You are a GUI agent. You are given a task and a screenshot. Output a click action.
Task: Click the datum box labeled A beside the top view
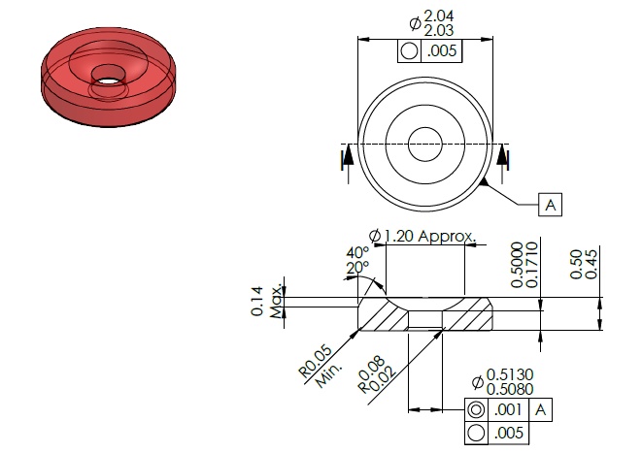550,205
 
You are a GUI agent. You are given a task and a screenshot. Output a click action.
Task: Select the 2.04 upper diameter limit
438,16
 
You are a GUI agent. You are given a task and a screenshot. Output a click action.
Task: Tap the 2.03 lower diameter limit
438,30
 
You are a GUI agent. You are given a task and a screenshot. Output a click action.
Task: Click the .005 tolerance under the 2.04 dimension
441,51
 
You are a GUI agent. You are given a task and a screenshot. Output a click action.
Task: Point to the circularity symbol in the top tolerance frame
410,51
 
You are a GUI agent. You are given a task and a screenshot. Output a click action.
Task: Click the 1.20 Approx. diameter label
422,236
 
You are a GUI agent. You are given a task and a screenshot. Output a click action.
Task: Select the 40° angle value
357,252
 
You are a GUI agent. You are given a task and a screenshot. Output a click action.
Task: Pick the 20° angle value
357,268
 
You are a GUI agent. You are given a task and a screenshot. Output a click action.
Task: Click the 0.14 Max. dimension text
266,302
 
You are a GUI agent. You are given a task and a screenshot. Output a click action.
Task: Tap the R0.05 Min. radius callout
321,366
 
